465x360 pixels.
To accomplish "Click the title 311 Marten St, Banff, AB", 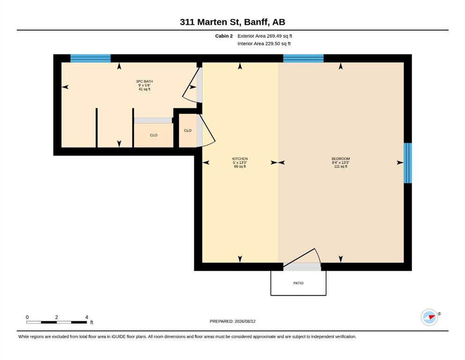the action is click(x=232, y=22).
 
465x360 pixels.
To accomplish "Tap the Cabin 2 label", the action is click(x=224, y=36).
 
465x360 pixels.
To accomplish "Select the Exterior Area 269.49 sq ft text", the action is click(x=265, y=36).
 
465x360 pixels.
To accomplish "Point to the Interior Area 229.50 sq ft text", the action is click(x=264, y=44).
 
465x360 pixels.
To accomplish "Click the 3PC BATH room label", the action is click(x=144, y=81).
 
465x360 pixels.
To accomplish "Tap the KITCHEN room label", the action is click(x=240, y=159).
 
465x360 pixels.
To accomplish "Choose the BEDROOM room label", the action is click(x=341, y=159).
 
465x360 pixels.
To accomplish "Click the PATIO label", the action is click(x=298, y=283).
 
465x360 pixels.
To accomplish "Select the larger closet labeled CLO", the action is click(x=154, y=135).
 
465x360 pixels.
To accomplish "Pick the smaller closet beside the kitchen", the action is click(x=188, y=131).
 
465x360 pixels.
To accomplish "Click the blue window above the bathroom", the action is click(x=90, y=58).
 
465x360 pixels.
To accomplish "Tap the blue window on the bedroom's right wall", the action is click(x=408, y=163).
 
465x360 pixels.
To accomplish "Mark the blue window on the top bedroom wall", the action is click(x=303, y=58).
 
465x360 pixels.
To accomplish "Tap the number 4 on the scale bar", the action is click(x=87, y=317).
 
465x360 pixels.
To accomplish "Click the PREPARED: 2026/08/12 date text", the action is click(x=232, y=321).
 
